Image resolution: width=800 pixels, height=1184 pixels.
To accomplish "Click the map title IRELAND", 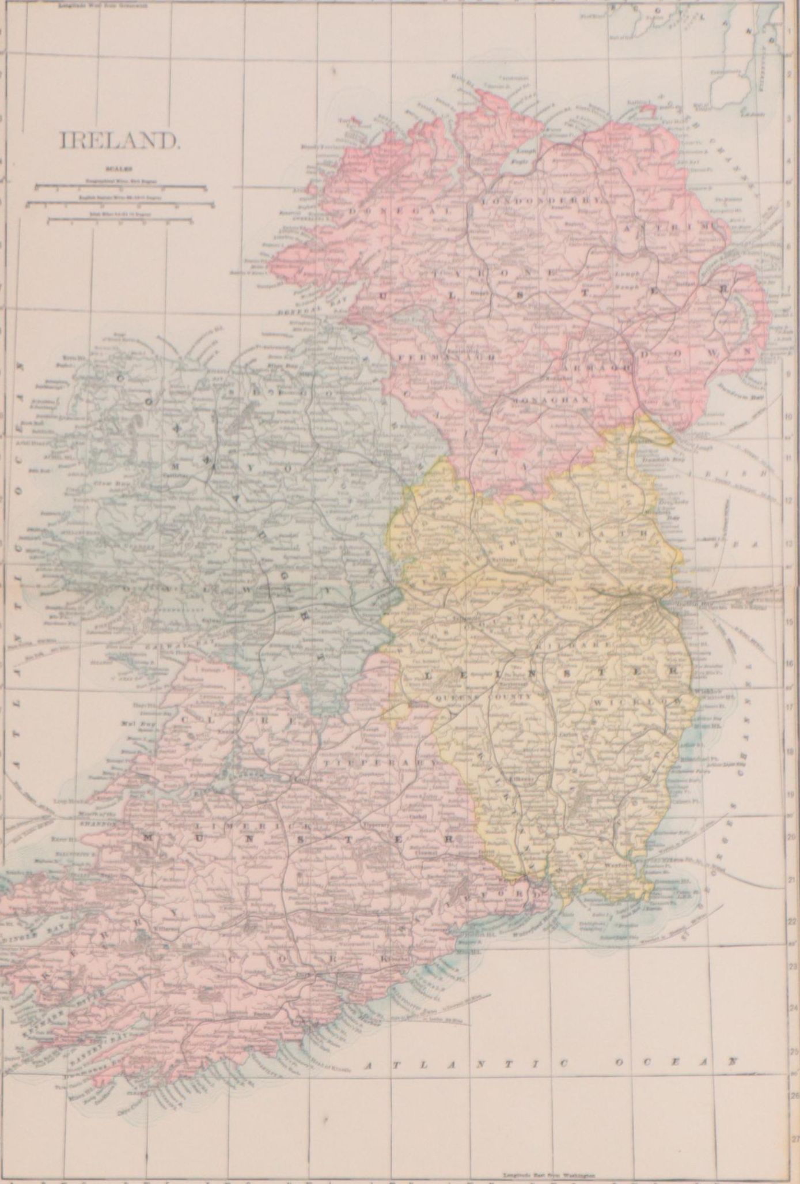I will pos(119,141).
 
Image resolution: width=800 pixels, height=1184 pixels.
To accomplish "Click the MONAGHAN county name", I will pos(551,399).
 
